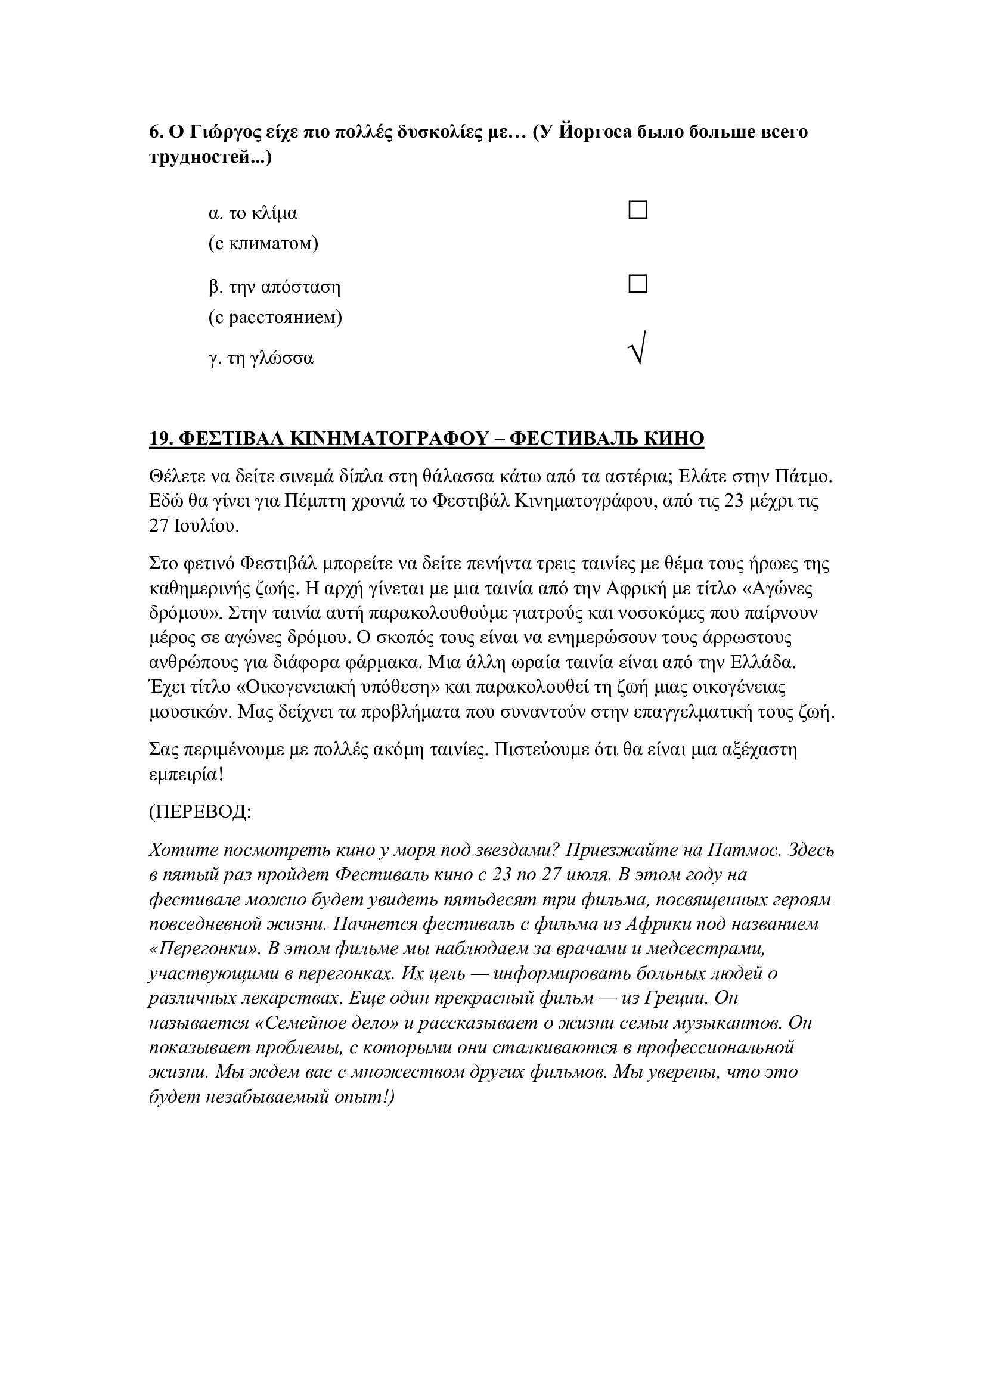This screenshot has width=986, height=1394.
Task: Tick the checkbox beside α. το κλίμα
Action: pyautogui.click(x=637, y=210)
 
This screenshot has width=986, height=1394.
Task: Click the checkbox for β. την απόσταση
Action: pyautogui.click(x=637, y=284)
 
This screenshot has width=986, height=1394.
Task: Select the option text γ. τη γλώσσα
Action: pyautogui.click(x=261, y=358)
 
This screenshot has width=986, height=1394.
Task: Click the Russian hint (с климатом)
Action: pyautogui.click(x=263, y=244)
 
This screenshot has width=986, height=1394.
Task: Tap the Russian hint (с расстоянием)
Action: pyautogui.click(x=275, y=317)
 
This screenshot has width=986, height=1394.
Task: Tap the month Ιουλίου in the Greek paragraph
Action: pyautogui.click(x=206, y=526)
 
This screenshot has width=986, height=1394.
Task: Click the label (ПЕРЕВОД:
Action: pyautogui.click(x=200, y=812)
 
